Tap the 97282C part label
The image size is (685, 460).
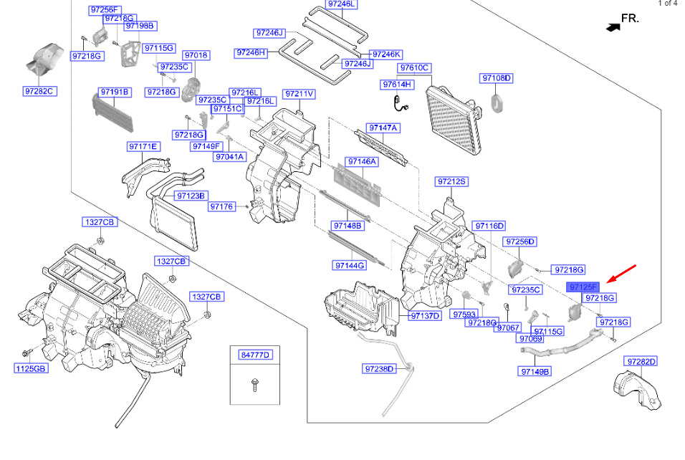pos(39,92)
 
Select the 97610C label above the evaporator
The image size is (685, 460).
pos(414,68)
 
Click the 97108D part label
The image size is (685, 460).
pos(497,78)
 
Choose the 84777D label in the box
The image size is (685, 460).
pos(255,354)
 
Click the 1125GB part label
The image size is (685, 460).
pos(31,368)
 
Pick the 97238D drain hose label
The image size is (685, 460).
pos(379,369)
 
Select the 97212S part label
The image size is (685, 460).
pos(451,182)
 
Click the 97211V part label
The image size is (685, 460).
pos(299,94)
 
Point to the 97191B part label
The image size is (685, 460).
pos(114,92)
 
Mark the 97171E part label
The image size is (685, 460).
pos(143,147)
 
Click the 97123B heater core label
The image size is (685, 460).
pos(191,196)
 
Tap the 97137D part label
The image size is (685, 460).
pos(425,316)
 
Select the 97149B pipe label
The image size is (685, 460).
pos(535,371)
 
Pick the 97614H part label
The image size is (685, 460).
pos(398,85)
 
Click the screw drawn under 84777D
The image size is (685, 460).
pos(254,384)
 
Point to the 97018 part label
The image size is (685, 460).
pos(196,55)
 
